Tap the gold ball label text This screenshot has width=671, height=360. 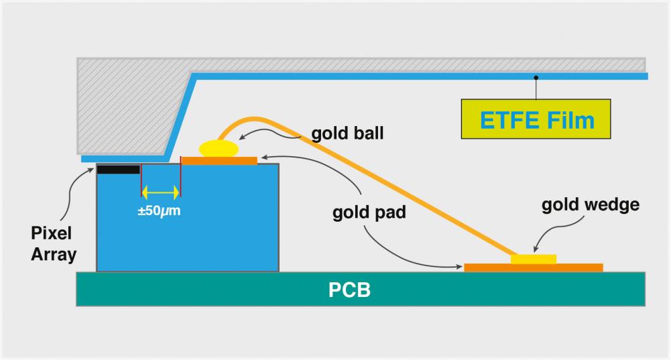347,133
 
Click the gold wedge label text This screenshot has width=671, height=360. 591,205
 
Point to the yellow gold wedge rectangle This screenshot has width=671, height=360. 534,259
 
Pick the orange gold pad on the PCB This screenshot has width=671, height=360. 533,267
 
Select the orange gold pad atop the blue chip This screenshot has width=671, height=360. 219,160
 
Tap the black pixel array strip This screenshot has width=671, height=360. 119,169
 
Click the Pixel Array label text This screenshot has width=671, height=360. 54,244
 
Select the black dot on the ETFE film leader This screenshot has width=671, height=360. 536,78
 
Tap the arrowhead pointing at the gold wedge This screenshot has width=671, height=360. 534,249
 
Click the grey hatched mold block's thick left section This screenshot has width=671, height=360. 127,104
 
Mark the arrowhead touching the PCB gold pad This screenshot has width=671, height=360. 459,267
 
